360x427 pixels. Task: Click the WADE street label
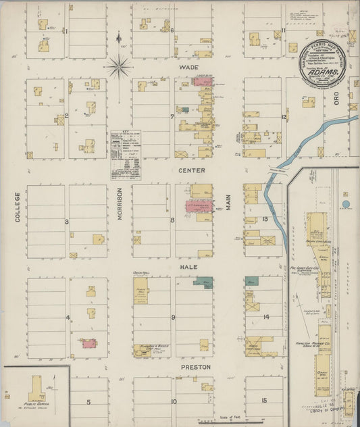[188, 68]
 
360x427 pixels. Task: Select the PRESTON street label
[195, 367]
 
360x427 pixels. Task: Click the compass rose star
[119, 66]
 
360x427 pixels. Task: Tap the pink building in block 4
[88, 343]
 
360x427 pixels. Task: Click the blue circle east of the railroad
[346, 203]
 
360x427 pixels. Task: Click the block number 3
[66, 222]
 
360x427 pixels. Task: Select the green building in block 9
[206, 282]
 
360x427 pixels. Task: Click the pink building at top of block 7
[202, 81]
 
